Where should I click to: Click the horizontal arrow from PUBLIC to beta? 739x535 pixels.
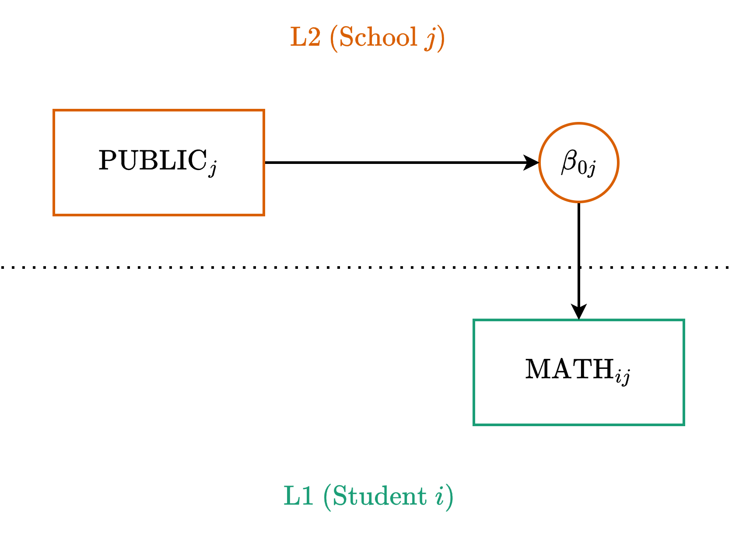coord(394,163)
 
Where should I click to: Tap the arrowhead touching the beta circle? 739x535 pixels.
coord(532,163)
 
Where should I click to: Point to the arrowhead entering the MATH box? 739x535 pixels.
coord(579,312)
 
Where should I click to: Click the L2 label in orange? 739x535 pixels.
coord(305,37)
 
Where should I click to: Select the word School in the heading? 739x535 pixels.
coord(378,37)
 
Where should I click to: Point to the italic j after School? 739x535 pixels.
coord(431,38)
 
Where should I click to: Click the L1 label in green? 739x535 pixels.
coord(299,496)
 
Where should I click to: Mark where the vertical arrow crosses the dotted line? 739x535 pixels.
coord(579,267)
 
